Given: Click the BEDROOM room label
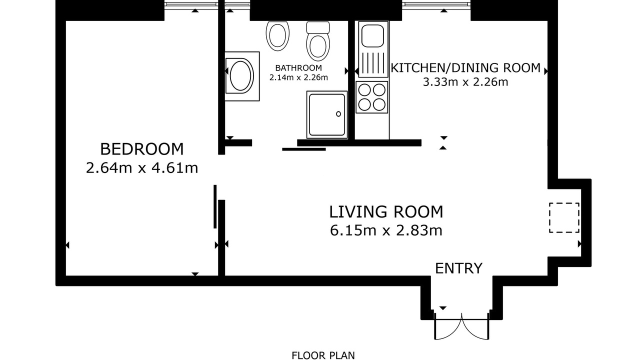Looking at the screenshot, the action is tap(141, 149).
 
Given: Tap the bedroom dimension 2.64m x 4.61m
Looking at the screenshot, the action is tap(141, 167).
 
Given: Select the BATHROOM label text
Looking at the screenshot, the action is tap(298, 68).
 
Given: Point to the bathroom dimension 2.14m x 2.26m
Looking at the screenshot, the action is tap(298, 77).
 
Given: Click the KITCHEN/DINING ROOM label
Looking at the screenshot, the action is tap(465, 68).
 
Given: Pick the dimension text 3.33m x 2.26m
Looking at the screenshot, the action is tap(465, 82).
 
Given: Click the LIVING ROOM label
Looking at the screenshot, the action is tap(386, 211).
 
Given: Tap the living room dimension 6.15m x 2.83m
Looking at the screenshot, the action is tap(386, 230).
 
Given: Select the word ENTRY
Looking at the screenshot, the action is tap(458, 268).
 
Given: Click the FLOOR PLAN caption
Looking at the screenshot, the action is tap(323, 355).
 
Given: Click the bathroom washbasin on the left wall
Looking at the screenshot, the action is tap(241, 76).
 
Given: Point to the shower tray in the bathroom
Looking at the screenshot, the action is tap(327, 115).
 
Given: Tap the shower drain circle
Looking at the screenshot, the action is tap(338, 114).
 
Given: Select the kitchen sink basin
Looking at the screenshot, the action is tap(372, 35).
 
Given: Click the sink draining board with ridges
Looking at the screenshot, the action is tap(373, 63).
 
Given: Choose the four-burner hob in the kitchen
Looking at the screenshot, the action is tap(372, 97).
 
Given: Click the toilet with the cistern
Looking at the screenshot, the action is tap(317, 41).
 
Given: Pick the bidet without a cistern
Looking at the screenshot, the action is tap(277, 36).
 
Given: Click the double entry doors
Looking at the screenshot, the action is tap(461, 326).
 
